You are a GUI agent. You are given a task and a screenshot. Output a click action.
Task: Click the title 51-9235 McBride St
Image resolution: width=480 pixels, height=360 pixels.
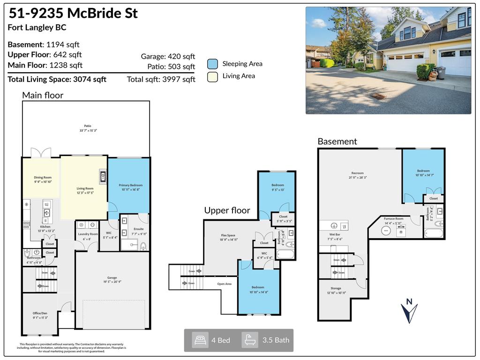tap(73, 13)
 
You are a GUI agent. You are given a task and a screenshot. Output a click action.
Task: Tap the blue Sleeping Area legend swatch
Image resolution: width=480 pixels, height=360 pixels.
tap(212, 64)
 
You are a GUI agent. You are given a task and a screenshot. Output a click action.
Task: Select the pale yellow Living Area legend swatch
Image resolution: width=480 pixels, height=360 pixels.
tap(212, 76)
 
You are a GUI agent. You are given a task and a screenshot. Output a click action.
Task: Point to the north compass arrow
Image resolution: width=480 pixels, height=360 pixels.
tap(409, 311)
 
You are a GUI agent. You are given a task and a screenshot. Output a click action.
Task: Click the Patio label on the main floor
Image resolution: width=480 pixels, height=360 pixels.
tap(87, 126)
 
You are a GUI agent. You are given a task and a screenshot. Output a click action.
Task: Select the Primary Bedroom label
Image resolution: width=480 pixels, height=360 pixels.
tap(130, 185)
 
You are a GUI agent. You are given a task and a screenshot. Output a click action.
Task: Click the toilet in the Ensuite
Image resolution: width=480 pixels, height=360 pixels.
tap(143, 246)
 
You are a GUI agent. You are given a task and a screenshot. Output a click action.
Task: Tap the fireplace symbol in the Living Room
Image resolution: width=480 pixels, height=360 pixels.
tap(103, 177)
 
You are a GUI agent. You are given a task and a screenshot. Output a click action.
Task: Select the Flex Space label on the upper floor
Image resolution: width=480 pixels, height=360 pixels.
tap(228, 235)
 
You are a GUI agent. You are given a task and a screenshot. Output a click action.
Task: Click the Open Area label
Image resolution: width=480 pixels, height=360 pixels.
tap(224, 284)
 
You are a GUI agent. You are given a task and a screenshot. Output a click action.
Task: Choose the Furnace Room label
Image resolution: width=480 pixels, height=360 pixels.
tap(393, 218)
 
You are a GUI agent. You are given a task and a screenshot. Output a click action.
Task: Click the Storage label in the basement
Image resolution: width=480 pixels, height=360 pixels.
tap(335, 288)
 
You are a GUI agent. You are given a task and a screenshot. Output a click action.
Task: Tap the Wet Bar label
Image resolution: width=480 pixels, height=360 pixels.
tap(335, 234)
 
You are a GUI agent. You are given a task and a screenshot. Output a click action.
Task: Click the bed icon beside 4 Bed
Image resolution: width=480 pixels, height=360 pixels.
tap(201, 340)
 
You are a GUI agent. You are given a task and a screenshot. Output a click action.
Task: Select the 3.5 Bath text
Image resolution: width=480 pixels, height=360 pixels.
tap(275, 340)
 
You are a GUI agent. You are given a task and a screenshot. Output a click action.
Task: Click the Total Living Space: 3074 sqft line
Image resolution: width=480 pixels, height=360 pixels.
tap(57, 79)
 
